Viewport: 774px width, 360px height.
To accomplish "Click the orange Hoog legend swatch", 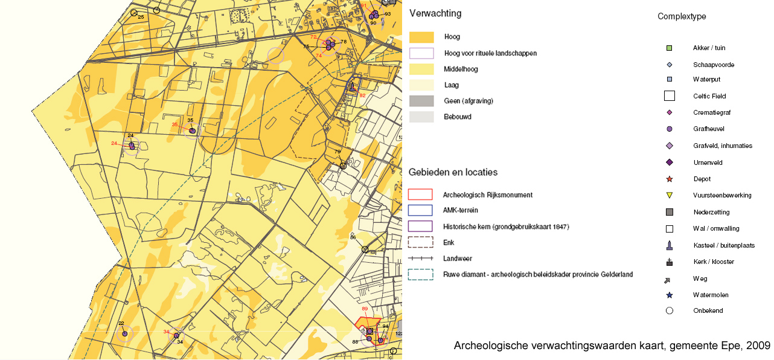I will (x=421, y=37).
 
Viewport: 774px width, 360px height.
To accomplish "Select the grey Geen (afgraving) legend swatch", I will (x=421, y=101).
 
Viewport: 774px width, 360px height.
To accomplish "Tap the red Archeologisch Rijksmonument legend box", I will (x=421, y=194).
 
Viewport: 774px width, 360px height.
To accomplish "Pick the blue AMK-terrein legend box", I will (x=421, y=210).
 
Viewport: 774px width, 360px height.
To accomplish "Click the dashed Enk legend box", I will (x=421, y=242).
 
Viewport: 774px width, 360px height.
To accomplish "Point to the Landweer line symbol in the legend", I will (x=421, y=258).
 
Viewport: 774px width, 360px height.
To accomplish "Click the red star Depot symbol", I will (x=669, y=179).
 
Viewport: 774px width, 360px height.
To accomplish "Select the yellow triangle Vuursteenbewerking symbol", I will (x=669, y=195).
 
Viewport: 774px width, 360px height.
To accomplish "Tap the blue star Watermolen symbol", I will (x=669, y=295).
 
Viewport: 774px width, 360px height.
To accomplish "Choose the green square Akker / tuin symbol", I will (x=669, y=48).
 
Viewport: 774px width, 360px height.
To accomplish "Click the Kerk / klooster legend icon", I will (x=669, y=262).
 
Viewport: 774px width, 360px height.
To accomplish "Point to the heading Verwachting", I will (x=435, y=13).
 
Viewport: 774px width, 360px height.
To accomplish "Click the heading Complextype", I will (x=682, y=16).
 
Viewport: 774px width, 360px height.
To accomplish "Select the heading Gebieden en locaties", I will (x=453, y=172).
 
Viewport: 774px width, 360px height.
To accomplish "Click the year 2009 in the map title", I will (x=759, y=346).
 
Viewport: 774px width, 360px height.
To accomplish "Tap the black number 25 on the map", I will (x=141, y=17).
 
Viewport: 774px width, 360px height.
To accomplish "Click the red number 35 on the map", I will (x=175, y=125).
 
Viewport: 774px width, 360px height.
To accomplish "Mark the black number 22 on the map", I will (x=121, y=324).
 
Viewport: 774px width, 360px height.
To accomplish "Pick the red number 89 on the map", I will (x=365, y=309).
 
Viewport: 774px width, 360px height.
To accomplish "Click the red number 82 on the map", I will (x=362, y=95).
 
